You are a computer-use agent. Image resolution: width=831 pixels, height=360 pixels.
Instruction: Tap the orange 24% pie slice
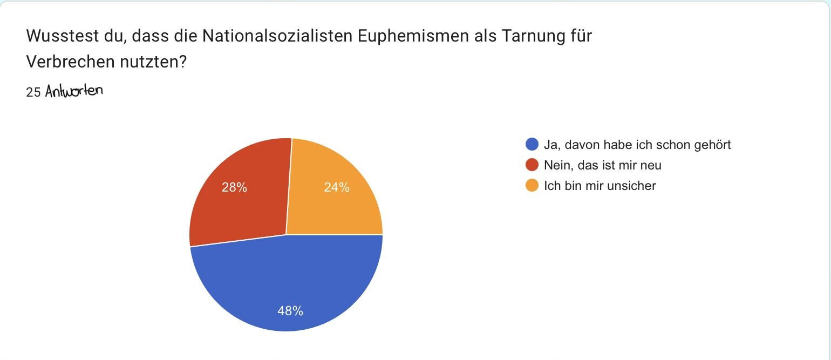click(334, 196)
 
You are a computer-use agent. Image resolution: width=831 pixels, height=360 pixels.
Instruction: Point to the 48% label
click(290, 311)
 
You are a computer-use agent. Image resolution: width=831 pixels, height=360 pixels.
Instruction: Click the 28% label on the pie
click(234, 187)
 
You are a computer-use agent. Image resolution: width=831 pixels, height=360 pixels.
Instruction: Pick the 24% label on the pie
click(337, 187)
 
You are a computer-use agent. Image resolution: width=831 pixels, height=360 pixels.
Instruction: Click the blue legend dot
click(532, 144)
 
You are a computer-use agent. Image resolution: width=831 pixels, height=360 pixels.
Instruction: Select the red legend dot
click(532, 165)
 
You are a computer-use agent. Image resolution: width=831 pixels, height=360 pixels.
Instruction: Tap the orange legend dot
click(532, 185)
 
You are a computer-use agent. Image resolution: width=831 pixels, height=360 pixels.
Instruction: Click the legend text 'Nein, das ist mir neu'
click(602, 165)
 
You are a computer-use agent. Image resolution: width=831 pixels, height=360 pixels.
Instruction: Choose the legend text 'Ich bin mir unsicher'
click(600, 186)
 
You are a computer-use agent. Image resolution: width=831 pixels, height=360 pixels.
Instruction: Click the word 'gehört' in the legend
click(712, 145)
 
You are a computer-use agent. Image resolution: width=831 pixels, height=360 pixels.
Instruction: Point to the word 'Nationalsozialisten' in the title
click(277, 36)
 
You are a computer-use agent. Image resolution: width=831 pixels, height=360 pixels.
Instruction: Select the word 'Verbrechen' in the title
click(71, 62)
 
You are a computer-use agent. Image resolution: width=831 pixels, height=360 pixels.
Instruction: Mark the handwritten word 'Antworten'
click(74, 91)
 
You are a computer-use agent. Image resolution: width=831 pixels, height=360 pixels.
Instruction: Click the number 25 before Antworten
click(33, 92)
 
